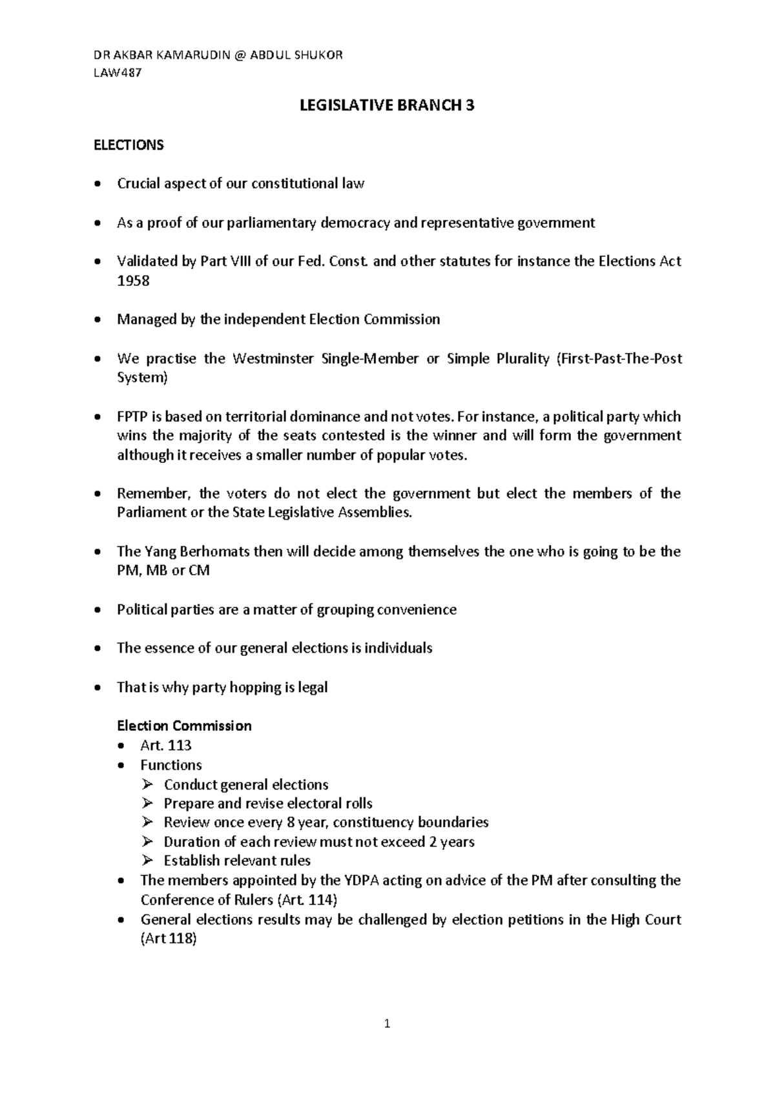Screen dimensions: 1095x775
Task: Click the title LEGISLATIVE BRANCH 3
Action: [x=387, y=106]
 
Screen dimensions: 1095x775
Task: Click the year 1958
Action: [x=133, y=280]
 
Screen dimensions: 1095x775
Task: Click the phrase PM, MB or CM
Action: [x=163, y=571]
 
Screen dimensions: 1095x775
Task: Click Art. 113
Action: [x=166, y=745]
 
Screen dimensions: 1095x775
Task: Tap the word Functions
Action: [x=171, y=765]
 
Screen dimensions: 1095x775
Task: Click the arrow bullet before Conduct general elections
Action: [x=148, y=784]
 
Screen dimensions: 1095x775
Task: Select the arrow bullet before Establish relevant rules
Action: [x=148, y=861]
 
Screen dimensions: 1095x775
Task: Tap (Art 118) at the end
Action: [x=168, y=939]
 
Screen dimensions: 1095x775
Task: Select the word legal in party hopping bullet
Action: [x=313, y=687]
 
